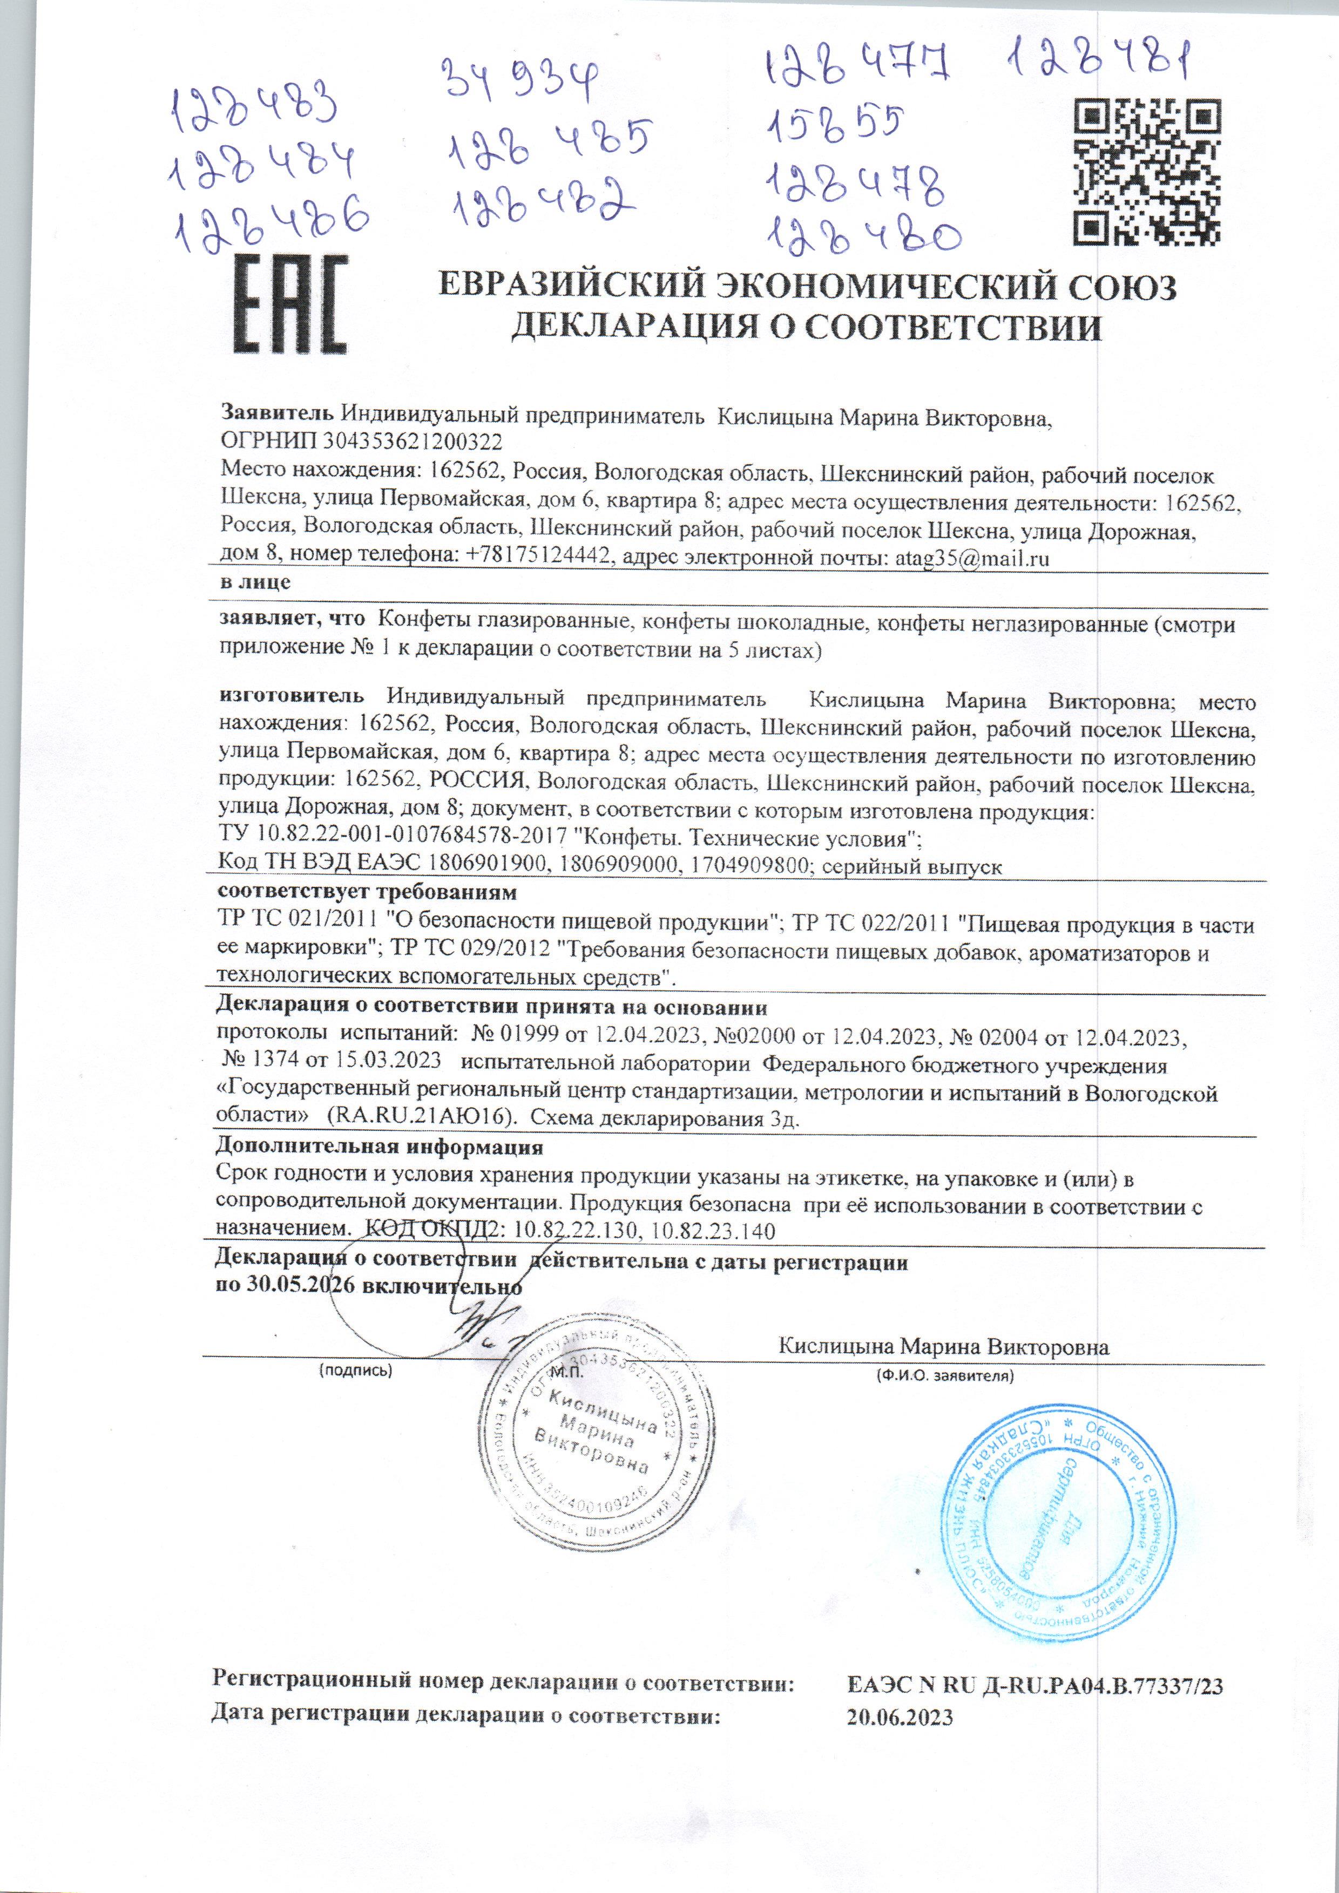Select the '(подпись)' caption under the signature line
[355, 1372]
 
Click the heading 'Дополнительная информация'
[378, 1147]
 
